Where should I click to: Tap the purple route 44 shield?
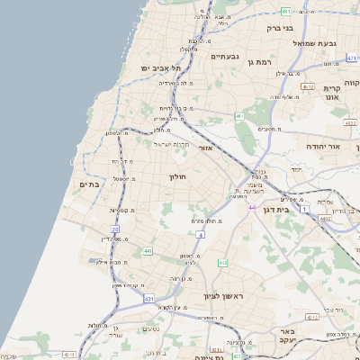(x=252, y=208)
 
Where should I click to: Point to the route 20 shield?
(x=115, y=229)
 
